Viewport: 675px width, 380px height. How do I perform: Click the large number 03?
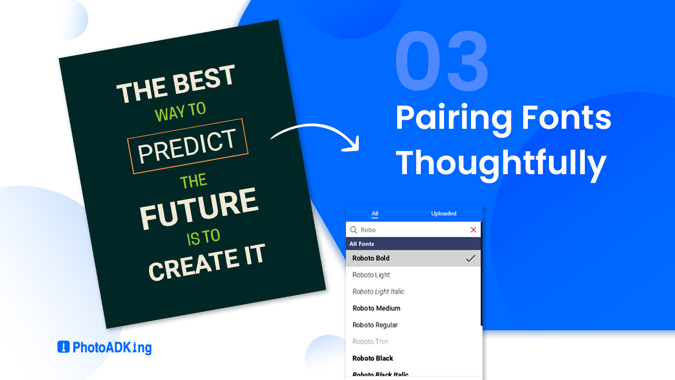coord(442,62)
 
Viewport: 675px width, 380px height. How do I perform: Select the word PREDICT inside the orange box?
coord(187,146)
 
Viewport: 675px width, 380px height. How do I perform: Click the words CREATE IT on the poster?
coord(206,262)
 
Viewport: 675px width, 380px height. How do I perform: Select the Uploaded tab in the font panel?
coord(443,214)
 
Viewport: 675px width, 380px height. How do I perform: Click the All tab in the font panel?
coord(375,214)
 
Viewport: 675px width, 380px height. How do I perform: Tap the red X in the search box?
coord(473,230)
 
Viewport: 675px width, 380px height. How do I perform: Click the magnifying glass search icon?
coord(354,230)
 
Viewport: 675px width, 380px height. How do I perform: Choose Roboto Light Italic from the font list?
coord(378,291)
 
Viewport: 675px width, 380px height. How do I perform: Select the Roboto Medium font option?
coord(376,308)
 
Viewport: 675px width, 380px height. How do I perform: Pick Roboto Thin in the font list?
coord(370,341)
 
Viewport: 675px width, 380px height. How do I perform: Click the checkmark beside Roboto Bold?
coord(470,258)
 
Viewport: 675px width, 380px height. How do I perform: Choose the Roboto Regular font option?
coord(375,325)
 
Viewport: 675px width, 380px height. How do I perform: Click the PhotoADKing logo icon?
coord(63,347)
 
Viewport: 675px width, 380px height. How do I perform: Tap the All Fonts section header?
coord(362,244)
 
